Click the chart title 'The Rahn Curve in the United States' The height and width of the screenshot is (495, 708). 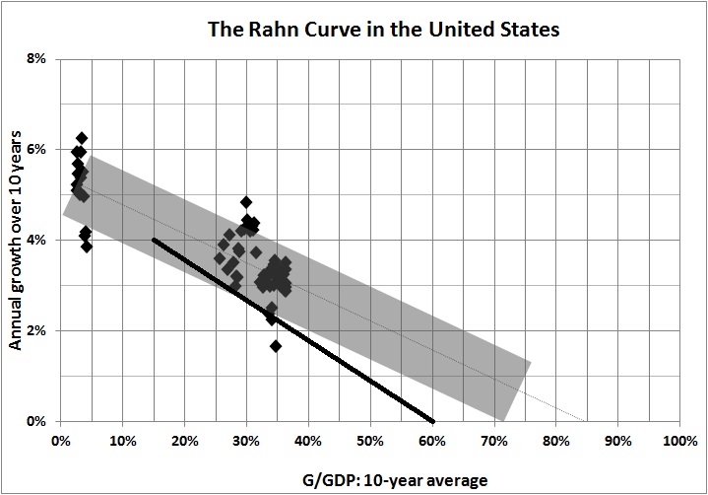[383, 29]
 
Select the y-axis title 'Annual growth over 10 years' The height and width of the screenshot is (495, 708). [18, 240]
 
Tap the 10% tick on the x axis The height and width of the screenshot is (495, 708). [122, 441]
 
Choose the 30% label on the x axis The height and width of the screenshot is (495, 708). [246, 441]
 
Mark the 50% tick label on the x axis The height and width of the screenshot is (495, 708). [370, 441]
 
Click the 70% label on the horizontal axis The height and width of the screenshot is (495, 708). [494, 441]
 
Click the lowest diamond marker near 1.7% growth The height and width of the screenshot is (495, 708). [276, 346]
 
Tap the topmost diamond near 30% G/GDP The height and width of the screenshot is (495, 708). [246, 202]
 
